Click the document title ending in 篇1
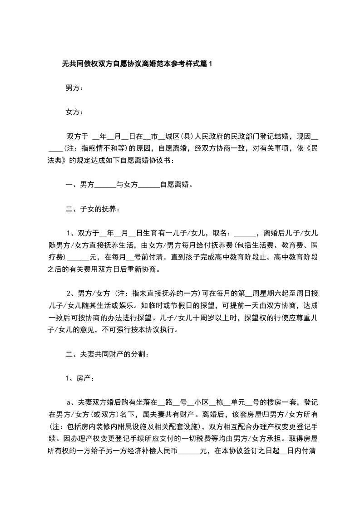(137, 64)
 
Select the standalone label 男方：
(74, 88)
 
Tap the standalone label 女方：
(74, 112)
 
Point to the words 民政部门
(256, 136)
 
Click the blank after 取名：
(246, 234)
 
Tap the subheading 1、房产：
(80, 378)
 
